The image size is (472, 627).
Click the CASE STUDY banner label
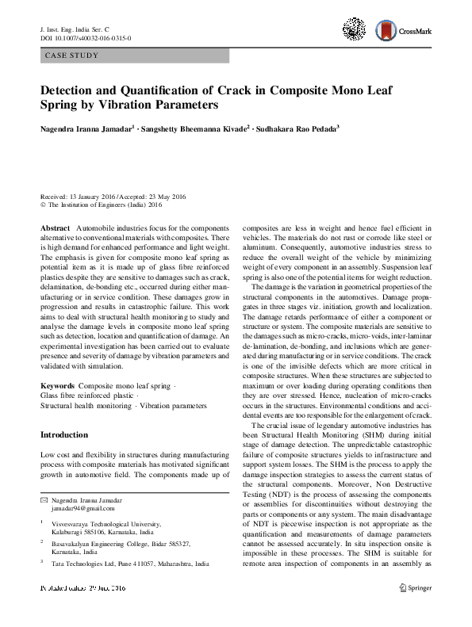click(71, 56)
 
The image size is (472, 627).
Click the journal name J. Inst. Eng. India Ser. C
click(78, 29)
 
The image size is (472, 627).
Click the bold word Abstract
click(55, 227)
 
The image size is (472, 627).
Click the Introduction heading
click(63, 435)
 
